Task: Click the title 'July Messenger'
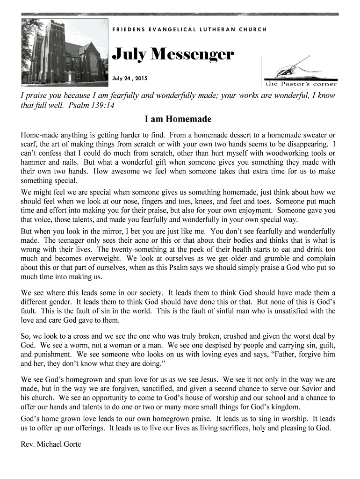(x=173, y=55)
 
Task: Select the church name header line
(x=189, y=29)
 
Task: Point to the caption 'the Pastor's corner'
(x=301, y=84)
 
